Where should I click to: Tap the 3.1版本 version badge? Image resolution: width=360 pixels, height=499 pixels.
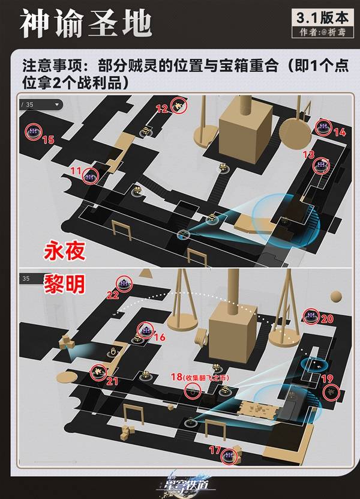coord(321,17)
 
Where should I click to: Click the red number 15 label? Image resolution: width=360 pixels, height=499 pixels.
coord(48,140)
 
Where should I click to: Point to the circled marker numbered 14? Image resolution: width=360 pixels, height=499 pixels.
coord(324,127)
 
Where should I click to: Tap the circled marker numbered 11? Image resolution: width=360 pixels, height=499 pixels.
coord(91,175)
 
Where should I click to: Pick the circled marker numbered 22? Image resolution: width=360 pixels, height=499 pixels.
coord(124,284)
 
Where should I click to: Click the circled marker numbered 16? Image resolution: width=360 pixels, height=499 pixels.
coord(144,329)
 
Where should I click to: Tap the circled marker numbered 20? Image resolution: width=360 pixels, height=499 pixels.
coord(311,315)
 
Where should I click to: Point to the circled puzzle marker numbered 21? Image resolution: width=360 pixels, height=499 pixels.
coord(97,372)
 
